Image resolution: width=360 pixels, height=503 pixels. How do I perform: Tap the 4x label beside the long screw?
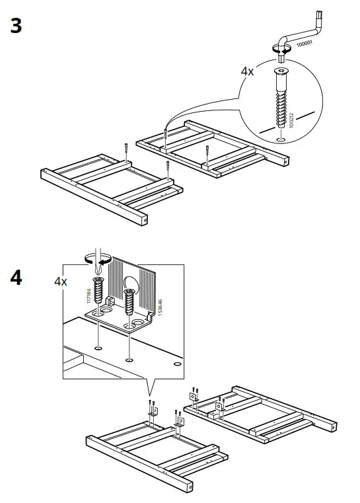click(x=246, y=71)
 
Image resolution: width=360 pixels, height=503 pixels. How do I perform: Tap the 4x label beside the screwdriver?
click(x=61, y=282)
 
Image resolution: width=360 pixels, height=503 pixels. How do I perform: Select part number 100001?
click(x=305, y=44)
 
